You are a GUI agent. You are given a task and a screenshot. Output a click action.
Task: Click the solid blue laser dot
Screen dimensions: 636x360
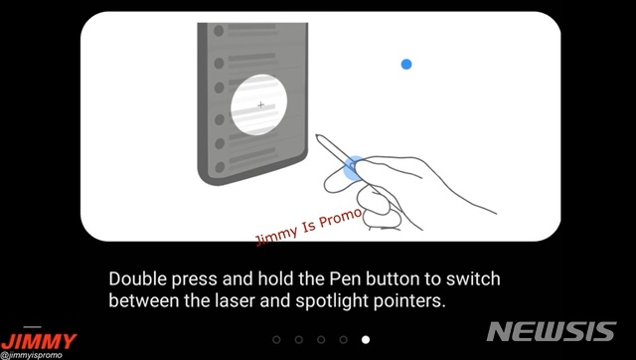pos(406,64)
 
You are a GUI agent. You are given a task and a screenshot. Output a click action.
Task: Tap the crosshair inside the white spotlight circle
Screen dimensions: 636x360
pos(260,105)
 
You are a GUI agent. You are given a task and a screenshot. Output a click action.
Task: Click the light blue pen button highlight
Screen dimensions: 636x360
pos(352,168)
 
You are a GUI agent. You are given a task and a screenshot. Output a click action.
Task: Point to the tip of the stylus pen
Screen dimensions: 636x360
pos(317,136)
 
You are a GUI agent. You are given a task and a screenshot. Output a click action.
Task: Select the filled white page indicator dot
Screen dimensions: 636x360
pos(366,339)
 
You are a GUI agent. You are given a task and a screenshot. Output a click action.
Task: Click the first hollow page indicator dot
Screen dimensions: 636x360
pos(276,339)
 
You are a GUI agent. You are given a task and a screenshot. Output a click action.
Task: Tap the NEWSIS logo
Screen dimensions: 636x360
pos(552,331)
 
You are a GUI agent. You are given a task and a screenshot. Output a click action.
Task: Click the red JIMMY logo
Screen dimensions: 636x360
pos(39,341)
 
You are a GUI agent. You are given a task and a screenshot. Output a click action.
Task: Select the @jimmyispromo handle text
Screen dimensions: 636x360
pos(31,356)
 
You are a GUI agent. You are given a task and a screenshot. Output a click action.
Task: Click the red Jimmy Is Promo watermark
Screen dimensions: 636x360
pos(308,227)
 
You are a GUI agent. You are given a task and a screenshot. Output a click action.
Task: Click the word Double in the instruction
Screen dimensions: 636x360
pos(138,278)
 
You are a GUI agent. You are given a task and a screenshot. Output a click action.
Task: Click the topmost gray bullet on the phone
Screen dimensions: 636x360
pos(219,31)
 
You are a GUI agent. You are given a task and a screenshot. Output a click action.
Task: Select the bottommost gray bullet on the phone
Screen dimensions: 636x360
pos(220,167)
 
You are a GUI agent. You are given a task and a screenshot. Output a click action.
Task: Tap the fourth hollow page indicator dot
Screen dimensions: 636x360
pos(344,339)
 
